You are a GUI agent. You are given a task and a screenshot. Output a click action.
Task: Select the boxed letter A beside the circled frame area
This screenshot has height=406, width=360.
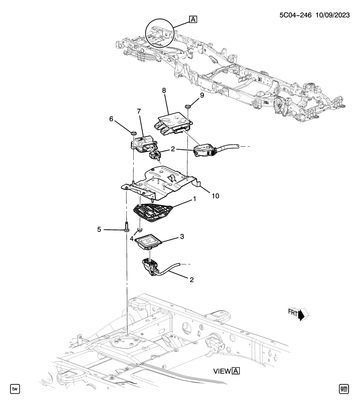(193, 19)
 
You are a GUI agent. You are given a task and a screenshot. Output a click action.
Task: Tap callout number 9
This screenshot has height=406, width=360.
(202, 96)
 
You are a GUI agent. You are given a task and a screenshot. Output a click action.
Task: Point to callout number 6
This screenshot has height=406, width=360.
(112, 120)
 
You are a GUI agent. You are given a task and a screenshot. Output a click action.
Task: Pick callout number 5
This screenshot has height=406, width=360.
(100, 229)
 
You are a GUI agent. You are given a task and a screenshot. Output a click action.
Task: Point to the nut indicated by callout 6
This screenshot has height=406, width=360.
(133, 134)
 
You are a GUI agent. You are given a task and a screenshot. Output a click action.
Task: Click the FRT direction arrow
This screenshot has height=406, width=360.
(303, 314)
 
